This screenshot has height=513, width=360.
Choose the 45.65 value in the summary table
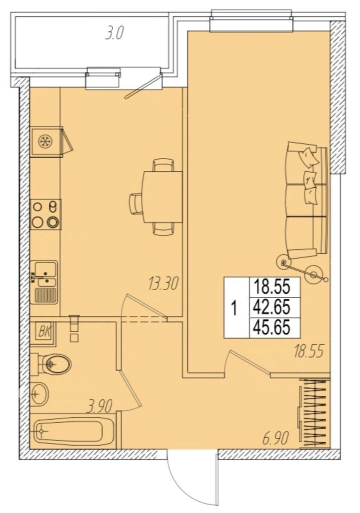271,328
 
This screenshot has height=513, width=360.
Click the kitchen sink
44,282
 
